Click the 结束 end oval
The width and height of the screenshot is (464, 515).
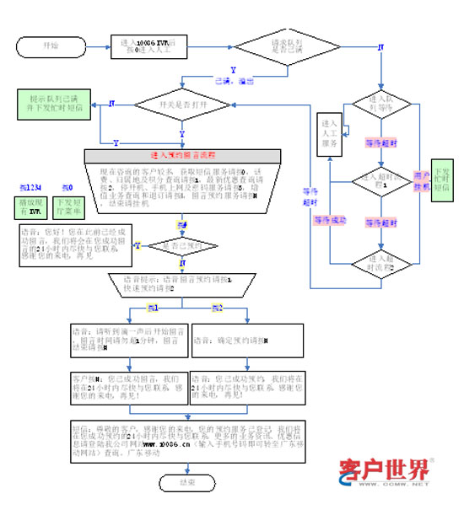[x=186, y=483]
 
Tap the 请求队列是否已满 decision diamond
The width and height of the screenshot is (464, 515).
[x=285, y=46]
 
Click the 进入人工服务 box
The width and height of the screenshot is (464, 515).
[x=328, y=133]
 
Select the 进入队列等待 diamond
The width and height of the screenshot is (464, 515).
[x=382, y=103]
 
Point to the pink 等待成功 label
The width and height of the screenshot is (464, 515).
[x=331, y=220]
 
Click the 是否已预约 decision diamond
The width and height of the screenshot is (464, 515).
[x=182, y=245]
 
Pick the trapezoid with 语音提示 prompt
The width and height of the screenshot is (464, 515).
[x=182, y=283]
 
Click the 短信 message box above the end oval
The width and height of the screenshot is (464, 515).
[x=182, y=439]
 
